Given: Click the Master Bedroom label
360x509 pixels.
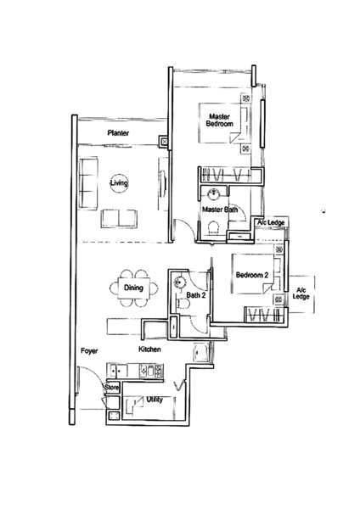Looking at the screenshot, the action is (x=220, y=120).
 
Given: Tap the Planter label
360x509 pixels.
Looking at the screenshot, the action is (x=118, y=133).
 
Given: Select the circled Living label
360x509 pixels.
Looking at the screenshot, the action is (x=119, y=182).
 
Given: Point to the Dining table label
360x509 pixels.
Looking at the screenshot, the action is (x=133, y=288).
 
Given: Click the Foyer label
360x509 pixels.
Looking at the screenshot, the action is (x=89, y=351).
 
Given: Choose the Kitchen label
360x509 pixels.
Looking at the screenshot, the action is (x=149, y=350).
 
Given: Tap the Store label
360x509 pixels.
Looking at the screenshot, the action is (x=112, y=388).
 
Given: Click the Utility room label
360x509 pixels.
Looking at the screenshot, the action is (x=155, y=400).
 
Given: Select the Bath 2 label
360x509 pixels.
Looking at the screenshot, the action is (x=196, y=295).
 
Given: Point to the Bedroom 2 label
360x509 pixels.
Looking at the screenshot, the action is (x=252, y=275).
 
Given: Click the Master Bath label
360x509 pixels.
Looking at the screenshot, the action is (x=220, y=210).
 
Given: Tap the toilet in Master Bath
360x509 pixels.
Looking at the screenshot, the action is (x=213, y=227).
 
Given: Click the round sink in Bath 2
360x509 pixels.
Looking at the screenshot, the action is (x=179, y=282).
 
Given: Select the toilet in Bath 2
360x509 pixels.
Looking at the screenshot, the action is (x=183, y=305).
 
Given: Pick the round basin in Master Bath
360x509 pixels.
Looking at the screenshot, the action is (x=213, y=193).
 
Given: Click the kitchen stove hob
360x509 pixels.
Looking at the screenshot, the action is (x=151, y=371).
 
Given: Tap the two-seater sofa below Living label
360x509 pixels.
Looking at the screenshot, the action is (x=119, y=219).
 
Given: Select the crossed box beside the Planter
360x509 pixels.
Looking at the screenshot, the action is (x=164, y=142).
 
